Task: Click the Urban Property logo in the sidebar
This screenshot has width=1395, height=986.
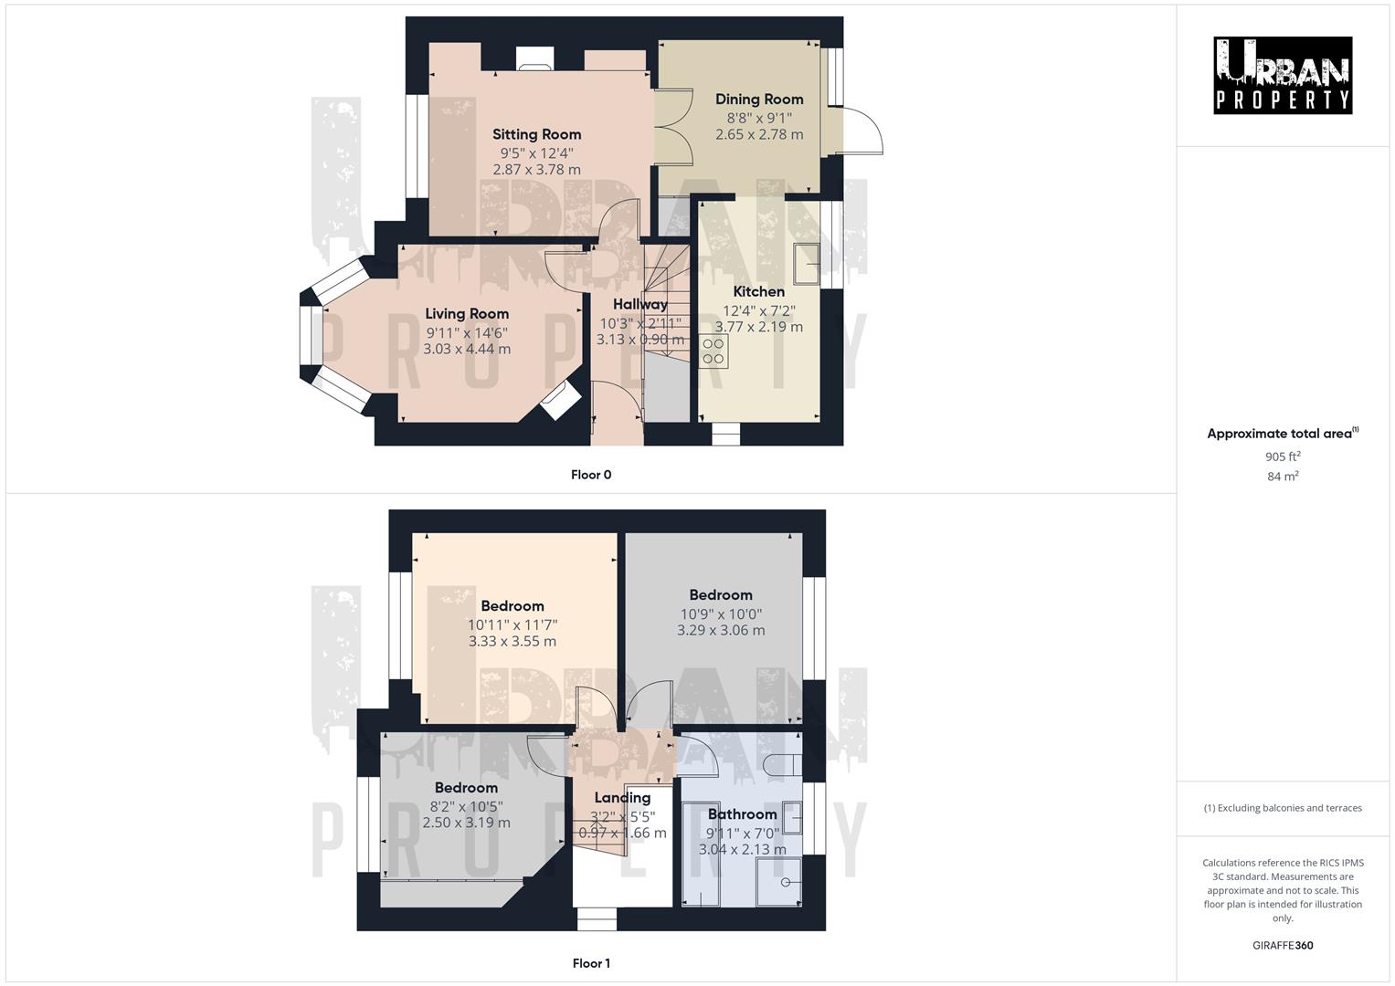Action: pos(1282,75)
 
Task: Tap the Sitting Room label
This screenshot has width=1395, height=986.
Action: pos(536,134)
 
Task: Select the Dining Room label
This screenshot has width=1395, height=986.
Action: pos(758,99)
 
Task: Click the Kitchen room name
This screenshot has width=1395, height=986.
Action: pos(758,291)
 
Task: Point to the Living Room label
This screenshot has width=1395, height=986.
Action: pos(467,313)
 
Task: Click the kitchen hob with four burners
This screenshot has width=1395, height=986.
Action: pos(713,351)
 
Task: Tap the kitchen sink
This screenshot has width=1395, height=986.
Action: pos(807,263)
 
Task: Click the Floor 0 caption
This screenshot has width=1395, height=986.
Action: pos(591,475)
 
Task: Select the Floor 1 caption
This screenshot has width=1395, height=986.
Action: pos(591,963)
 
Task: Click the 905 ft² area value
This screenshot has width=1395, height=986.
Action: pos(1283,456)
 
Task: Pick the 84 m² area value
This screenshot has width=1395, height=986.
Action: pos(1283,476)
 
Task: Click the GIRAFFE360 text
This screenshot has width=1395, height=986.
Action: pos(1283,945)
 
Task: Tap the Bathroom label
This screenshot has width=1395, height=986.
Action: pos(742,813)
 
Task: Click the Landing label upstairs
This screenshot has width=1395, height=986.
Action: pos(622,797)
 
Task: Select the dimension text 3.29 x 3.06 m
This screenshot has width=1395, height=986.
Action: pos(721,630)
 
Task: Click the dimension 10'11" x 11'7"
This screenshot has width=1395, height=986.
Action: pos(513,624)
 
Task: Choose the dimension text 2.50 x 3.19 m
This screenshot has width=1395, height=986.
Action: pos(466,822)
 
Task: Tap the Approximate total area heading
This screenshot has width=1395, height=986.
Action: pos(1282,434)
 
